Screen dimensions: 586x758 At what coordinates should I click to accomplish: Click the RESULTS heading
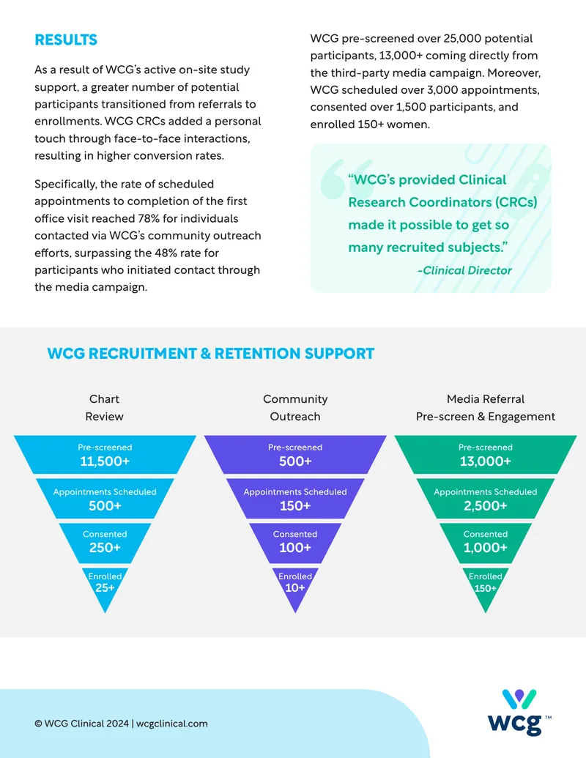66,40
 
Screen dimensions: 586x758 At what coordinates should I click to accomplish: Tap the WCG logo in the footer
519,712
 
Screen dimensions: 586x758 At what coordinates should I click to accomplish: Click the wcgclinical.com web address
171,724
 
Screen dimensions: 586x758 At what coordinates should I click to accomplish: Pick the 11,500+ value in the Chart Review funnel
105,461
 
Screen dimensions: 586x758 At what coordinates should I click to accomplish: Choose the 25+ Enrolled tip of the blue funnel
105,588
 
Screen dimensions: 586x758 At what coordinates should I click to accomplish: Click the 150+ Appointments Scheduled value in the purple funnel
295,505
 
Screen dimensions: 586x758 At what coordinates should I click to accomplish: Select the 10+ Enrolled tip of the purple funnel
295,588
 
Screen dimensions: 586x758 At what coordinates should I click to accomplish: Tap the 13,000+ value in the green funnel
486,461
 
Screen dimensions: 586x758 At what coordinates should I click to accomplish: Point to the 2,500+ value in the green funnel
486,505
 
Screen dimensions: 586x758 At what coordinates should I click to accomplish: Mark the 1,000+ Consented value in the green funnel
486,547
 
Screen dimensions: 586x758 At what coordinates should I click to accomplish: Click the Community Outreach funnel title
295,407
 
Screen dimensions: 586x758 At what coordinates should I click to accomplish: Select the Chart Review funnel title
105,407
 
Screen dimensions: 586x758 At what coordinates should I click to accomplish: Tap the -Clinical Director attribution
464,270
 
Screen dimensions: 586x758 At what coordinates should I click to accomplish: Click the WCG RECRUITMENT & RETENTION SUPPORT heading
211,354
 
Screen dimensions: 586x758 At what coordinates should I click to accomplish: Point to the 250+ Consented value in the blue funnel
105,547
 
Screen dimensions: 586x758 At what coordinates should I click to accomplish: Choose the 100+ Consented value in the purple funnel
295,547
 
